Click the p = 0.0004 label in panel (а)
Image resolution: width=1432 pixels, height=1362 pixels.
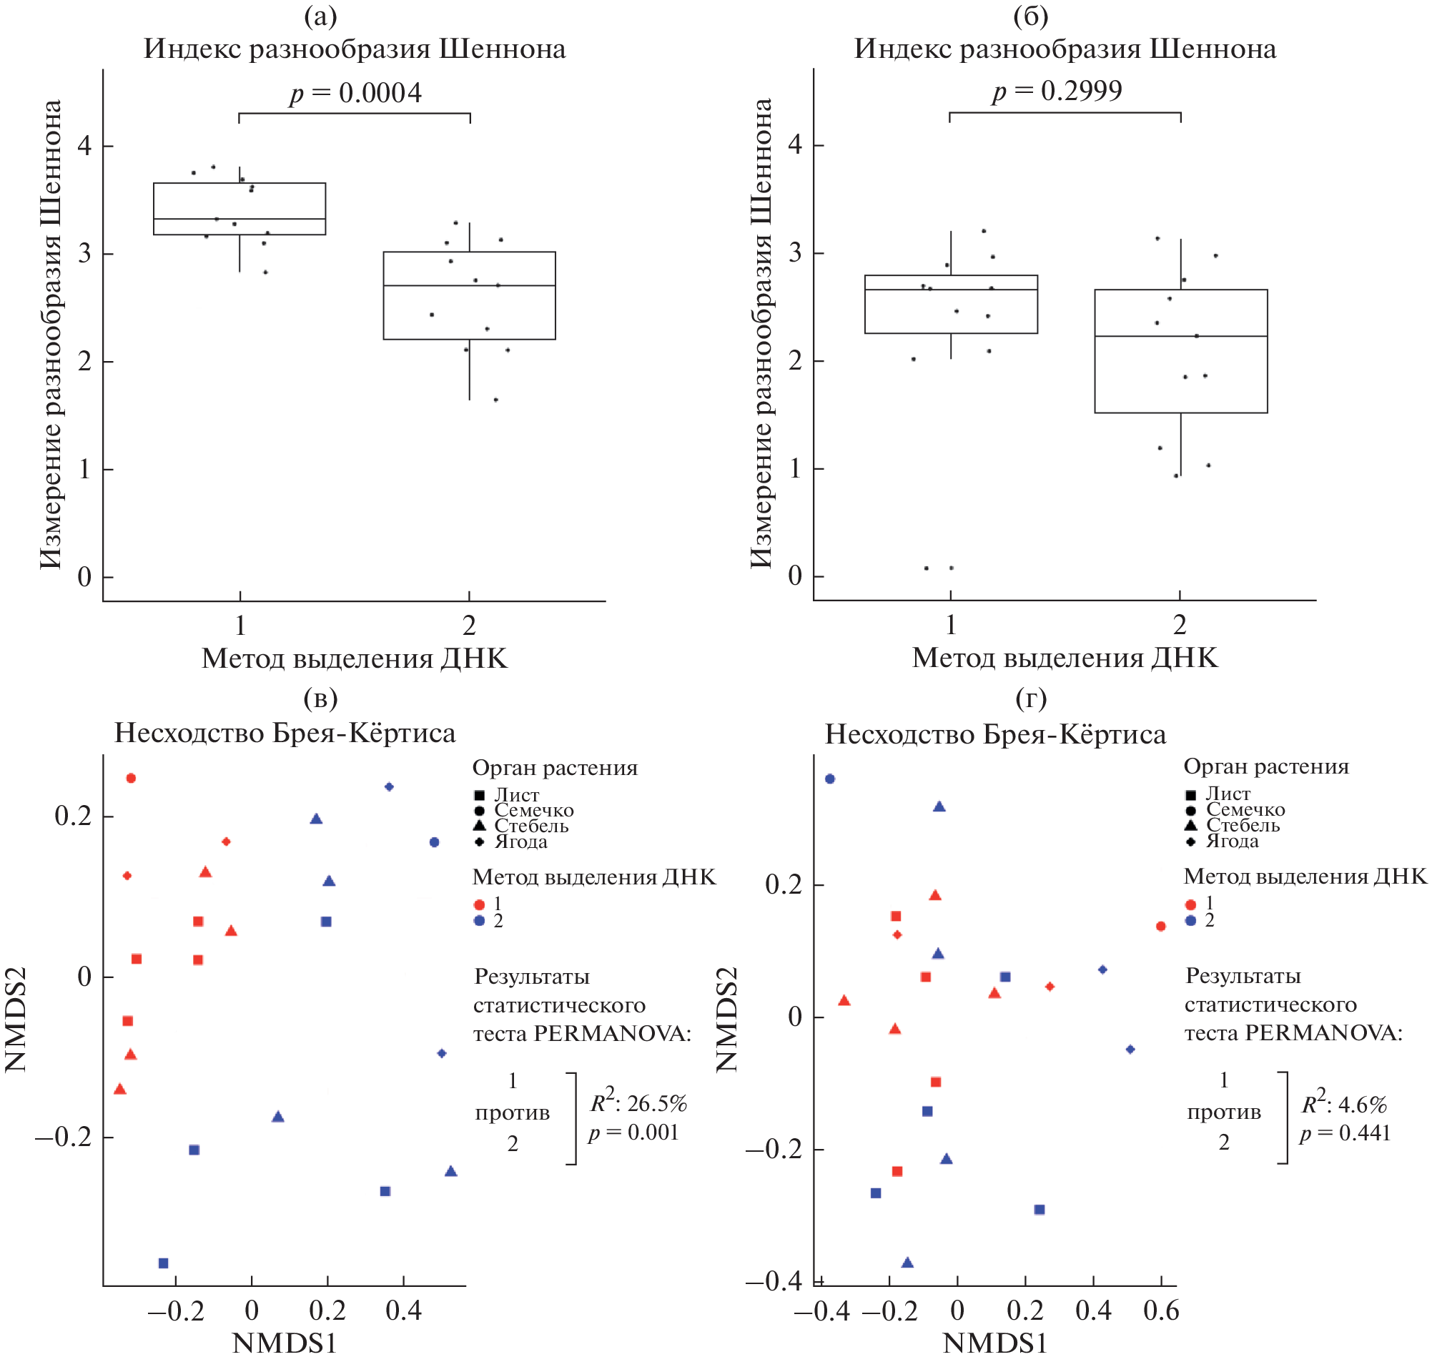[x=355, y=94]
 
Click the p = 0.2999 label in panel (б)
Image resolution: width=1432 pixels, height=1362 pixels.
[x=1057, y=92]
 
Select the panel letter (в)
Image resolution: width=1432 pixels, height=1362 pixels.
[x=320, y=699]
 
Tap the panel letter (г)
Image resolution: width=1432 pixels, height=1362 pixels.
[x=1031, y=699]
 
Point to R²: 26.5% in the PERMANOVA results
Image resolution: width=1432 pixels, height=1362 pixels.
[x=638, y=1103]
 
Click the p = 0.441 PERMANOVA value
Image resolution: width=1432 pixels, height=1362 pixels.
[x=1345, y=1133]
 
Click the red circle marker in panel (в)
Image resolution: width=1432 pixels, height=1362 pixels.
[x=132, y=779]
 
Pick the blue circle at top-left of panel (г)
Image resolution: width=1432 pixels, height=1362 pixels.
[x=830, y=779]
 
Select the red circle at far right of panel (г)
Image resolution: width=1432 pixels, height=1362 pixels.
[x=1161, y=927]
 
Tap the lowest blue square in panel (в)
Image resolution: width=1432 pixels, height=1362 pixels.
[x=163, y=1264]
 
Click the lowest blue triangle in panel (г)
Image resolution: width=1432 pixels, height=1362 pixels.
[x=907, y=1263]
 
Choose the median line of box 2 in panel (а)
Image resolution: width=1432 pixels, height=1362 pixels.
[x=470, y=286]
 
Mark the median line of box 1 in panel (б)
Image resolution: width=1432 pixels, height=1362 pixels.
[x=951, y=290]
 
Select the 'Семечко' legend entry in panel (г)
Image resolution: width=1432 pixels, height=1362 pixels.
[x=1245, y=809]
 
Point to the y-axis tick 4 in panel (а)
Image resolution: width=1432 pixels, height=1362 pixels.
[x=85, y=147]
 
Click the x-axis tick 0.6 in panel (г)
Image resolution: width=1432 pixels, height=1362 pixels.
[x=1161, y=1311]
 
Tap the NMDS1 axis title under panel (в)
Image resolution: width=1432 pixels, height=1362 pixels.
[x=285, y=1344]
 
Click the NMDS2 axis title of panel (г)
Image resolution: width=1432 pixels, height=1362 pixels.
[x=727, y=1020]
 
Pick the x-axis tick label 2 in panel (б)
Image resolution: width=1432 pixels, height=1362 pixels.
[x=1180, y=624]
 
